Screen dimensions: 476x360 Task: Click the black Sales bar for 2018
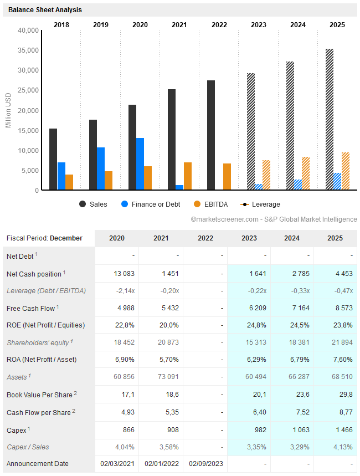53,160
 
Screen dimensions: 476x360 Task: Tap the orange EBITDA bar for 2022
227,177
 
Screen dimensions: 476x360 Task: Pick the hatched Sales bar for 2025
330,120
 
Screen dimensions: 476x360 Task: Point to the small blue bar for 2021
179,187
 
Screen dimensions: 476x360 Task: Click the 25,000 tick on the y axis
29,90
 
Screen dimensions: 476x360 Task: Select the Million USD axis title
8,110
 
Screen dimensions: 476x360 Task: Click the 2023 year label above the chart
259,24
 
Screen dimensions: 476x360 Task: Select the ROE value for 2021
161,325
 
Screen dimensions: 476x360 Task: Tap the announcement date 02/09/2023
205,463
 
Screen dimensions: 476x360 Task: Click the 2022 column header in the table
205,238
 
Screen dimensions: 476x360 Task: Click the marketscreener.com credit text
274,219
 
